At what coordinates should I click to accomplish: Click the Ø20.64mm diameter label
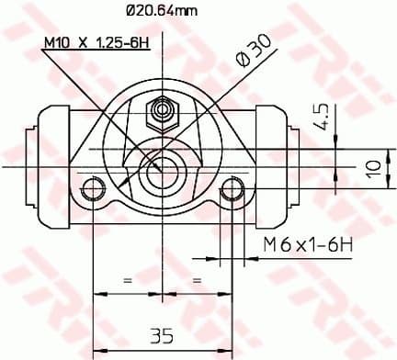pyautogui.click(x=161, y=12)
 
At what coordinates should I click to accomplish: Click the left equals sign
pyautogui.click(x=128, y=278)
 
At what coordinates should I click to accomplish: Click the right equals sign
pyautogui.click(x=197, y=278)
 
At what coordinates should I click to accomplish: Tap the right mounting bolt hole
pyautogui.click(x=233, y=190)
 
